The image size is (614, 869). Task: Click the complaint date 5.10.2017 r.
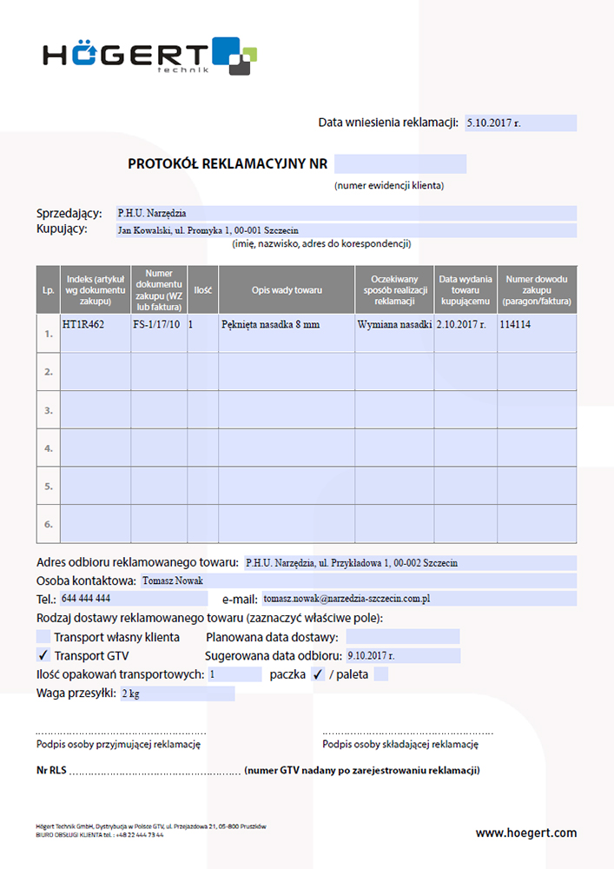click(x=492, y=123)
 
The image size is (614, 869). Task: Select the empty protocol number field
click(x=400, y=163)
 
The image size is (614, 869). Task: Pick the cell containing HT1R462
click(x=83, y=324)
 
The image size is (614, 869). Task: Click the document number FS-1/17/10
click(x=156, y=324)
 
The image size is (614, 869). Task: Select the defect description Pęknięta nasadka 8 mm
click(x=271, y=324)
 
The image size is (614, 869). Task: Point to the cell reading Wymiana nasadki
click(x=394, y=324)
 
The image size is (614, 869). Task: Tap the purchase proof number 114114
click(x=515, y=324)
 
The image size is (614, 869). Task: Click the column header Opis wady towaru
click(x=287, y=289)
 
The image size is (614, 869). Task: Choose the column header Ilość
click(x=203, y=289)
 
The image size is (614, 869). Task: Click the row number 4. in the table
click(x=49, y=448)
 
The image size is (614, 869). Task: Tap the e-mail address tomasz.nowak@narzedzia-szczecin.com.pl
click(x=347, y=599)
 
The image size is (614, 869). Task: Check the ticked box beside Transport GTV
click(x=43, y=655)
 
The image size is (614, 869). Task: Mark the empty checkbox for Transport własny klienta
click(x=43, y=637)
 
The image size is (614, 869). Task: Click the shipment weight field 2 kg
click(x=131, y=693)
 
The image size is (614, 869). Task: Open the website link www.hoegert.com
click(x=525, y=833)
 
